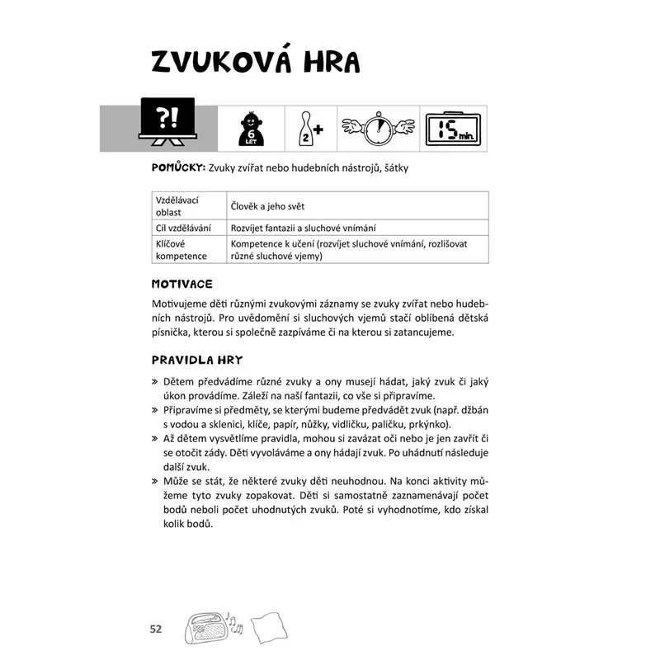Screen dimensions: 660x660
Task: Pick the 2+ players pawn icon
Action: tap(308, 129)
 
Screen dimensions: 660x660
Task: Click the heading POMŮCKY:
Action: tap(177, 167)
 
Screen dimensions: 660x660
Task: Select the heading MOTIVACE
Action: tap(182, 284)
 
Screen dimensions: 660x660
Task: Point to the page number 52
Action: tap(157, 629)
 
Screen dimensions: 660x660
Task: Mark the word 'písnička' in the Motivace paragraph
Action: tap(172, 332)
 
